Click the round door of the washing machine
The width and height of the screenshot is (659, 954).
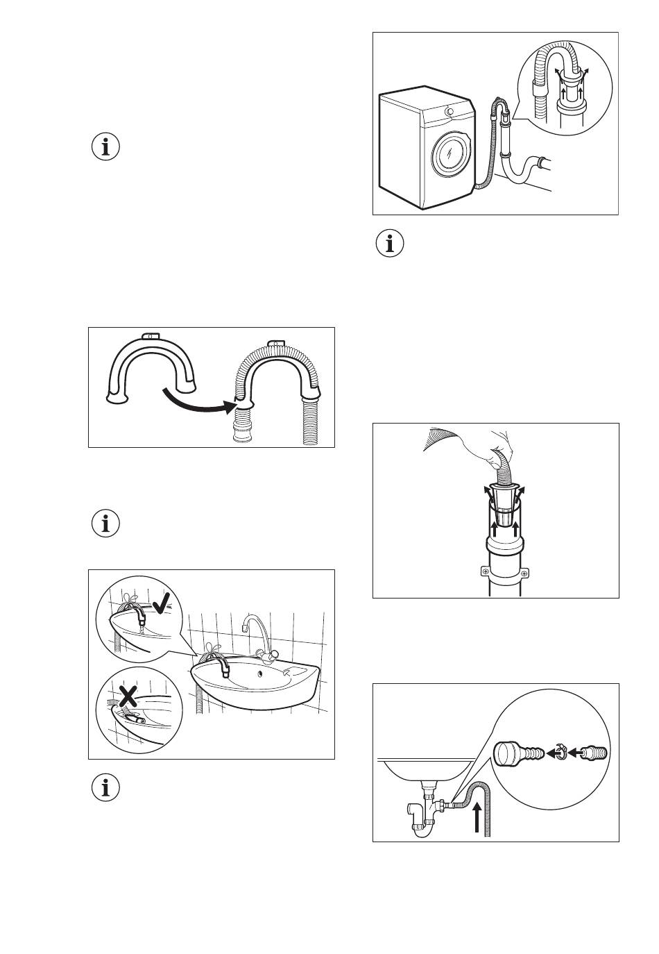click(x=450, y=154)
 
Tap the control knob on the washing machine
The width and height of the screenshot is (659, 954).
click(x=450, y=111)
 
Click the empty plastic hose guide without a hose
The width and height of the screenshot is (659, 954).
click(x=151, y=368)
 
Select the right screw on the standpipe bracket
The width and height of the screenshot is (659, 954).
click(x=524, y=572)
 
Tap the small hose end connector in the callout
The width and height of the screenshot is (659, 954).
click(x=594, y=752)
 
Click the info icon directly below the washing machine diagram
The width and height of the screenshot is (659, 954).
click(x=390, y=244)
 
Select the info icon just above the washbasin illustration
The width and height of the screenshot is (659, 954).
click(x=105, y=524)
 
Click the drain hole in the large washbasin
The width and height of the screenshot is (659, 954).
click(x=260, y=671)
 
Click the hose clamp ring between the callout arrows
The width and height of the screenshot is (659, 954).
click(x=564, y=752)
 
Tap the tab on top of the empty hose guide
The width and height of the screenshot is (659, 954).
click(x=149, y=336)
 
